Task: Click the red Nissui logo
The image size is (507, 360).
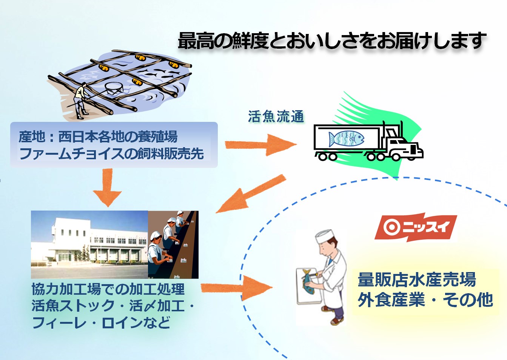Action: click(x=416, y=227)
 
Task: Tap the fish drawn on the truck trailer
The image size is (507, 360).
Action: click(x=346, y=138)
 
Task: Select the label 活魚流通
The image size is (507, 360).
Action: click(x=276, y=117)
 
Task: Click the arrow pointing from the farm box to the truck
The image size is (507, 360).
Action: click(x=261, y=145)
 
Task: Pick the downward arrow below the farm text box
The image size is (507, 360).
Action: click(x=107, y=187)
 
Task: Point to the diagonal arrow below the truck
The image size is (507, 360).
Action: click(x=251, y=194)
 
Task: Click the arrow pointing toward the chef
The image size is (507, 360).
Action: click(x=237, y=288)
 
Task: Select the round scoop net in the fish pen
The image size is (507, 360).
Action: click(x=114, y=89)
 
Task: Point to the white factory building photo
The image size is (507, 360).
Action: click(x=89, y=245)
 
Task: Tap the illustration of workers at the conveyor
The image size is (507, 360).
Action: click(x=173, y=245)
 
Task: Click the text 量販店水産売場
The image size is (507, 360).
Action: click(x=417, y=280)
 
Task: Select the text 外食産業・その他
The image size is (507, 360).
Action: click(x=425, y=300)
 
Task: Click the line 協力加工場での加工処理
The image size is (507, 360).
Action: click(x=108, y=289)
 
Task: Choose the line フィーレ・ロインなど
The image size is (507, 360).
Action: click(x=101, y=322)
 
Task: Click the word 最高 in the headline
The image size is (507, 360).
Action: click(x=196, y=41)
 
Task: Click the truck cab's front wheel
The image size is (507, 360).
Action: click(x=396, y=157)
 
